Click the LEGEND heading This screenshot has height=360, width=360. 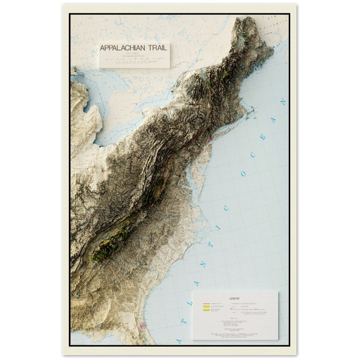click(234, 298)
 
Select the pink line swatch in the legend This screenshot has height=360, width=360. click(207, 304)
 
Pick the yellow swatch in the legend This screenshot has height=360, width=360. click(207, 307)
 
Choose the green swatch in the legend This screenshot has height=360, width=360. click(207, 310)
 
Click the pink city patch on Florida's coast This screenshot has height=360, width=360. click(143, 325)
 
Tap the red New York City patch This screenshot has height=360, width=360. click(212, 138)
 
